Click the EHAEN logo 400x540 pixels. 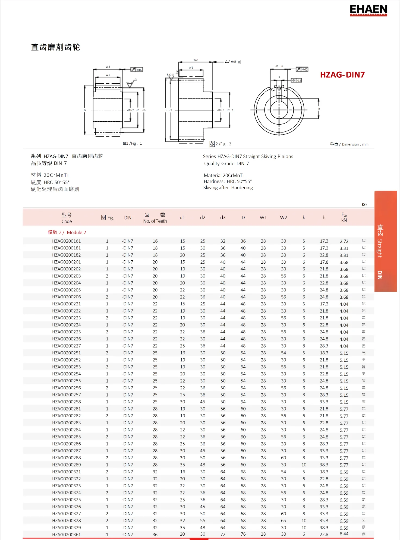point(368,10)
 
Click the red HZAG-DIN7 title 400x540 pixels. point(342,75)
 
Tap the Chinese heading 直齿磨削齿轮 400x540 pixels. point(55,47)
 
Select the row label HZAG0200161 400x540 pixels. point(66,241)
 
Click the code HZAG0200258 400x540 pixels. point(66,402)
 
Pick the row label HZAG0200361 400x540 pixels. point(66,535)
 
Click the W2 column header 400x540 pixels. point(283,217)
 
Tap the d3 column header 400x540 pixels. point(223,217)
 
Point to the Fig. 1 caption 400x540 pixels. point(132,143)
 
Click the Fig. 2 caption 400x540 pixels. point(220,144)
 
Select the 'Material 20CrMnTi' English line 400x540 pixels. point(223,175)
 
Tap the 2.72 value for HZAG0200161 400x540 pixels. point(344,241)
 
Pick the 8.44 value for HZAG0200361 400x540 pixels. point(344,534)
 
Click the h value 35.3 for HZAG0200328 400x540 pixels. point(324,520)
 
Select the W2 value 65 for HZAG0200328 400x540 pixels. point(283,520)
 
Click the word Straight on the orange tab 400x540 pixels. point(380,248)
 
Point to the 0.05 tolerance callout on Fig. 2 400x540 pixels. point(234,62)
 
